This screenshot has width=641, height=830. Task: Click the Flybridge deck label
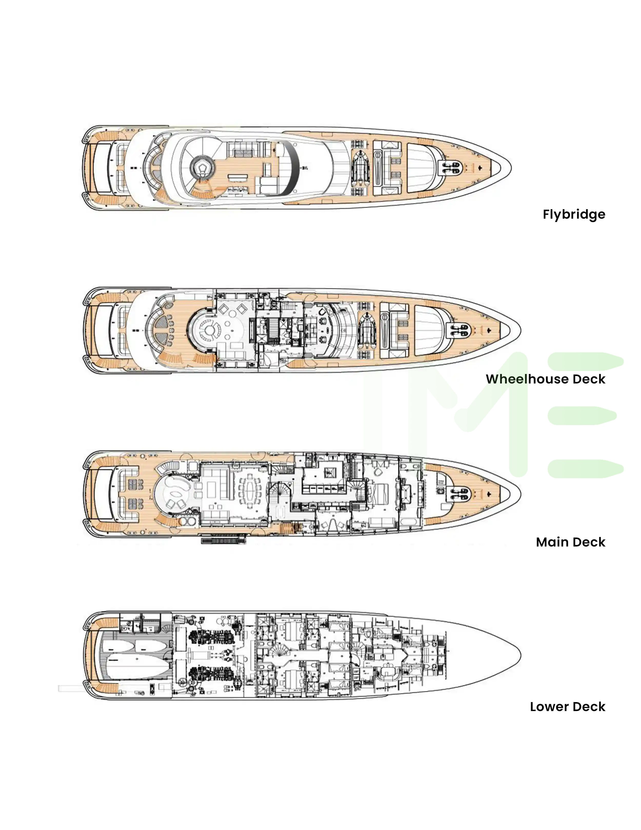click(574, 214)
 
